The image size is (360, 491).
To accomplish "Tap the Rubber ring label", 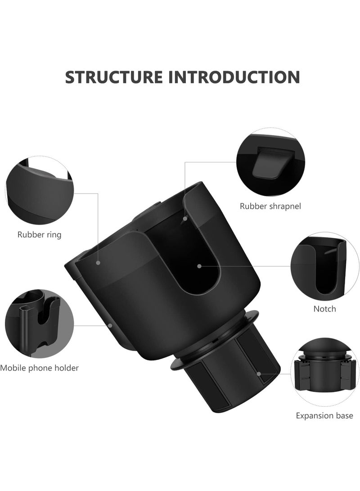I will click(40, 234).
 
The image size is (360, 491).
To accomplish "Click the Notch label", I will click(324, 309).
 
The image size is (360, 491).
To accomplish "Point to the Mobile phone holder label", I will click(40, 368).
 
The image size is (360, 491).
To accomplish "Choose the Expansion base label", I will click(324, 415).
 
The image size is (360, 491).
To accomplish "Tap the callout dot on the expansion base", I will click(259, 373).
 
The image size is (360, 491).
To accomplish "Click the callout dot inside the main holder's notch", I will click(198, 266).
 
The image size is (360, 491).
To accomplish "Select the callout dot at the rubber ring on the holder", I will click(98, 261).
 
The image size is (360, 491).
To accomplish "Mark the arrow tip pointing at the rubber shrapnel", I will click(184, 219).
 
